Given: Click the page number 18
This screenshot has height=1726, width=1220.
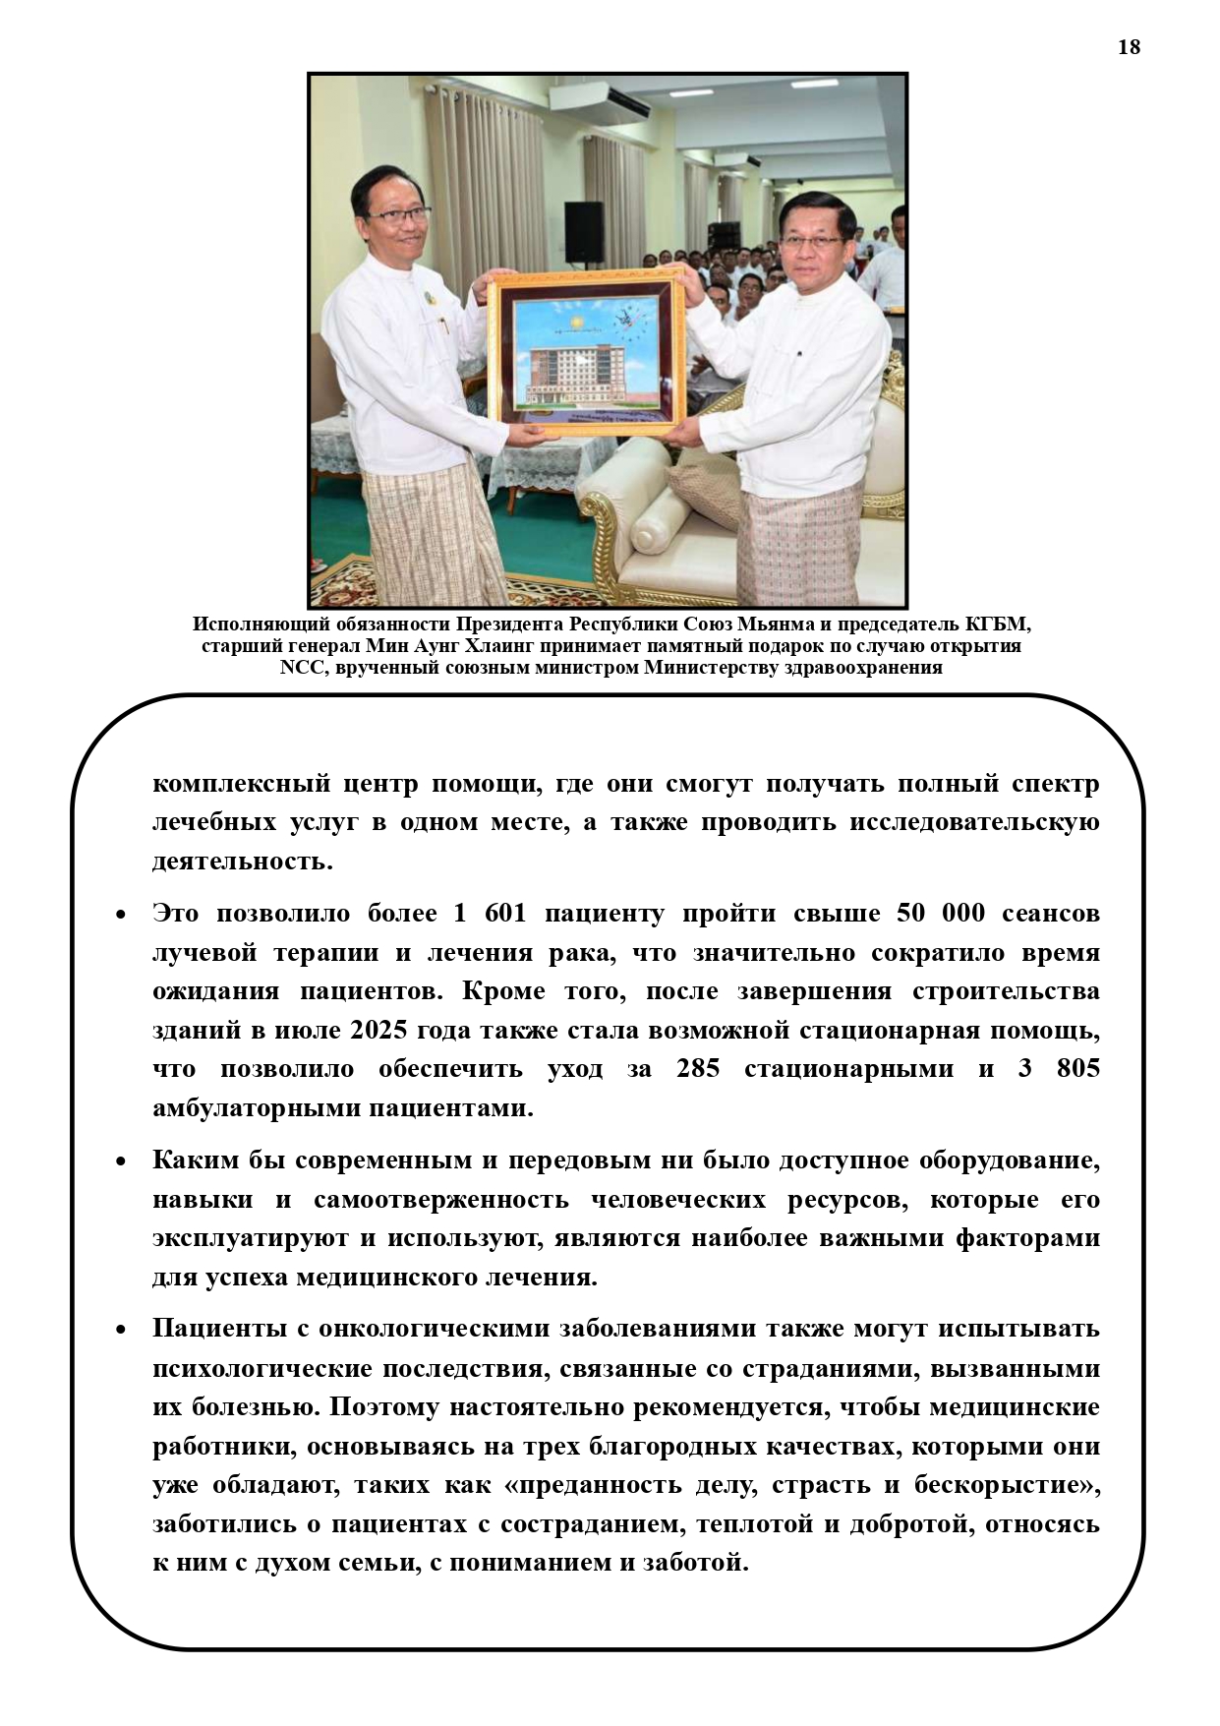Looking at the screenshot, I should coord(1129,46).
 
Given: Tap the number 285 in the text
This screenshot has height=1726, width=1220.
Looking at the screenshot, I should coord(698,1069).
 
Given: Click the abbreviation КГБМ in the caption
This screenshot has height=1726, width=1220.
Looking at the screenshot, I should coord(994,625).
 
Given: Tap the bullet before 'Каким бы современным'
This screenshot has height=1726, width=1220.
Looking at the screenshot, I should coord(121,1161).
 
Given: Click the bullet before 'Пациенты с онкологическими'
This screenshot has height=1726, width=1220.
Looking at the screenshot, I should coord(121,1330).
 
